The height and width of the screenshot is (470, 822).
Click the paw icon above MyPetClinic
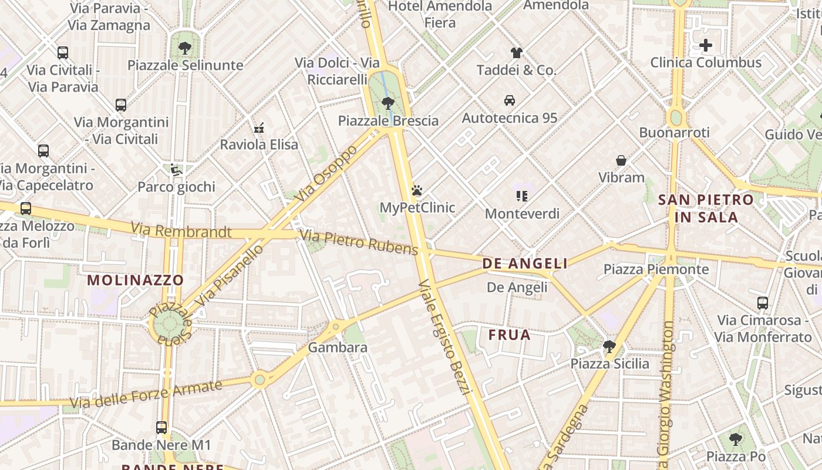pos(417,190)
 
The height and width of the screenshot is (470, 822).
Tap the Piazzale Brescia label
pos(388,120)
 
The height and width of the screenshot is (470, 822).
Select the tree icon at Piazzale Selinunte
pos(185,48)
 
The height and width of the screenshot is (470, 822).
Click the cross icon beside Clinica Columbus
pos(706,45)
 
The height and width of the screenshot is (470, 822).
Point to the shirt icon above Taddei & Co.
pos(516,53)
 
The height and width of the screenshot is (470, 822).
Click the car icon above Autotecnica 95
pos(510,100)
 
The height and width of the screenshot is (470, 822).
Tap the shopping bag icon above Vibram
pos(621,160)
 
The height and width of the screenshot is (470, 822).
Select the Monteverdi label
pos(522,213)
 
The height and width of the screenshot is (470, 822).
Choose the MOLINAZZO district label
pos(136,280)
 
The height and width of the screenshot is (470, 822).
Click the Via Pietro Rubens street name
pos(359,242)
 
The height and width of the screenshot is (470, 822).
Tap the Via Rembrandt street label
pos(181,230)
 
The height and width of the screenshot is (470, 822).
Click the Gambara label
pos(338,347)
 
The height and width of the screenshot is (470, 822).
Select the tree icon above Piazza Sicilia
pos(609,347)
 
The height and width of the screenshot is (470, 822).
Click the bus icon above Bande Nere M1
pos(161,428)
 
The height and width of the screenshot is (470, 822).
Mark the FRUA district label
pos(510,335)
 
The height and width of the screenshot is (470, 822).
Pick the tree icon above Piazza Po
pos(735,439)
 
